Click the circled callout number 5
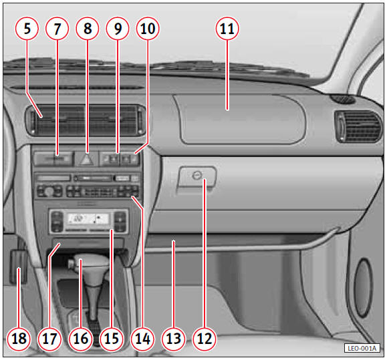27,28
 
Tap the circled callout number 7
57,28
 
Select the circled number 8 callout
88,28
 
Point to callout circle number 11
227,28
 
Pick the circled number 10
148,28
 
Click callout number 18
19,339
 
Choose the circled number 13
174,339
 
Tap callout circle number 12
205,339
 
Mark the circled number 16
80,339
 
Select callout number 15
112,339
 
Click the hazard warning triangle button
86,159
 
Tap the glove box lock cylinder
197,176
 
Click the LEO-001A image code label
362,348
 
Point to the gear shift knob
89,262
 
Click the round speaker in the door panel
363,287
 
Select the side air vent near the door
358,127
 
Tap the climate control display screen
88,218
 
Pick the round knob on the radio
49,191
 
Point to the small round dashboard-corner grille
343,99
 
